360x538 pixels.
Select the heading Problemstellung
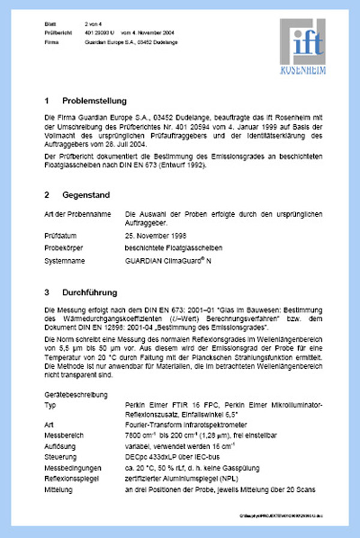click(x=94, y=100)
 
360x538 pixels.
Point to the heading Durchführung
click(x=90, y=293)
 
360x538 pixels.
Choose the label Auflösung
click(x=61, y=446)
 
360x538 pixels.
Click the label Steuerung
click(x=61, y=458)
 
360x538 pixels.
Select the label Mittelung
click(x=60, y=491)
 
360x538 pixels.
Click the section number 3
click(x=47, y=293)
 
